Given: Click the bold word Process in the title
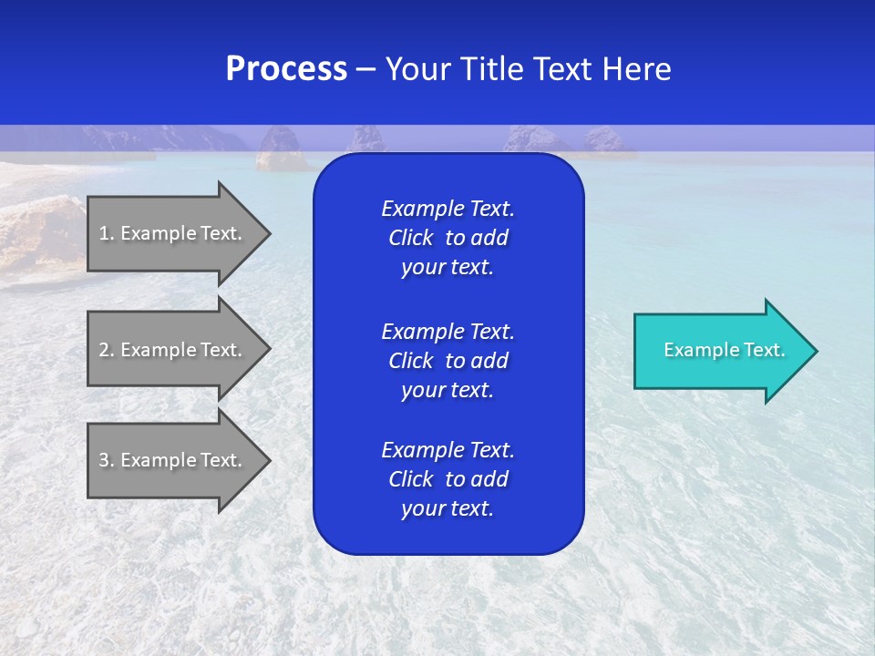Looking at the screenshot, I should (286, 69).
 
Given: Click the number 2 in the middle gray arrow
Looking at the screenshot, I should (104, 350).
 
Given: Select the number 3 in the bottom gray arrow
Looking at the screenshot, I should (104, 460).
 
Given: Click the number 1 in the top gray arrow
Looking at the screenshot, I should (104, 233).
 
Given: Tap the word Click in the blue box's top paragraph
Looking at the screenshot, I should (410, 238).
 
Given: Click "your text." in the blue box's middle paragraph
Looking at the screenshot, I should (448, 390).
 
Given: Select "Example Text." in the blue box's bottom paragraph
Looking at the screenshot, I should (448, 450).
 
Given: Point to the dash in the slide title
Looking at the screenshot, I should (366, 69).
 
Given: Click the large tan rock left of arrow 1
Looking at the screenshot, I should (41, 232).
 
